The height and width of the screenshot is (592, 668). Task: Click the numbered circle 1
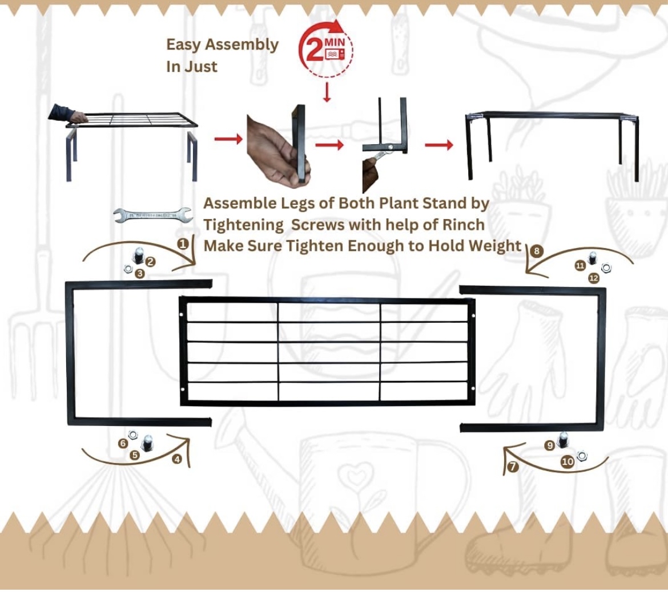[183, 244]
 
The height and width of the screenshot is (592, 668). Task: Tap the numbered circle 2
[150, 262]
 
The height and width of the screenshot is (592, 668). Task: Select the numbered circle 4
[177, 459]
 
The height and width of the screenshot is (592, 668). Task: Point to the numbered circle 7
[513, 467]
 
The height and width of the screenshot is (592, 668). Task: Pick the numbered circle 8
[536, 251]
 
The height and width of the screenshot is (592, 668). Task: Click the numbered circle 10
[568, 462]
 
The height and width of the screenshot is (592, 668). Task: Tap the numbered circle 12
[593, 278]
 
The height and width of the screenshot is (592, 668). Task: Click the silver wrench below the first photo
[153, 215]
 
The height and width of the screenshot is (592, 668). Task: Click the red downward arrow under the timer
[327, 92]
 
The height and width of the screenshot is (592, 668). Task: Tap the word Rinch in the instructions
[464, 224]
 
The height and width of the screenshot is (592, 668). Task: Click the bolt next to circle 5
[148, 443]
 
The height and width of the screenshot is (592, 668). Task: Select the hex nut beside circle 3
[128, 269]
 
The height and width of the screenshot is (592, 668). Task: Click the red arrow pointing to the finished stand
[439, 145]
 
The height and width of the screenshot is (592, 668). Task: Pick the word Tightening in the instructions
[243, 225]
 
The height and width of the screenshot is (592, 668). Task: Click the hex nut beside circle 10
[582, 456]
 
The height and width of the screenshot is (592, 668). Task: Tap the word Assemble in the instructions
[240, 203]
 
